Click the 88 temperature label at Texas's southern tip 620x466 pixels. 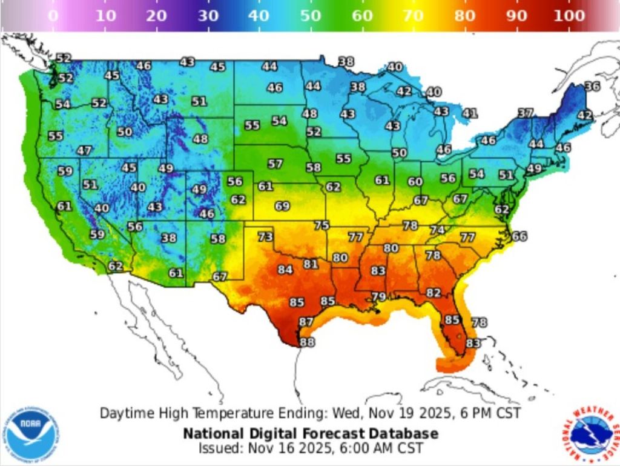coord(308,342)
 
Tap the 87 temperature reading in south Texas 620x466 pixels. coord(306,322)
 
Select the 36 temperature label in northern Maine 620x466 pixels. coord(592,87)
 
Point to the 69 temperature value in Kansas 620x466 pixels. coord(282,206)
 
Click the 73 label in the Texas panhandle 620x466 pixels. coord(265,236)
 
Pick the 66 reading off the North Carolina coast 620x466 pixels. coord(519,236)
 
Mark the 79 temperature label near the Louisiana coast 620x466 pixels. coord(378,296)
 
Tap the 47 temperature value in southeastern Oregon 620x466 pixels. coord(84,150)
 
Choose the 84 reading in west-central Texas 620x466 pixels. coord(285,269)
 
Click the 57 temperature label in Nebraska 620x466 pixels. coord(275,164)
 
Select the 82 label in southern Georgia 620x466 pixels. coord(433,292)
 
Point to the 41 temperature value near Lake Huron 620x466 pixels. coord(470,113)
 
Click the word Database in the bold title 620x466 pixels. coord(406,434)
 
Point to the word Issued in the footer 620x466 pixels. coord(219,448)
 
